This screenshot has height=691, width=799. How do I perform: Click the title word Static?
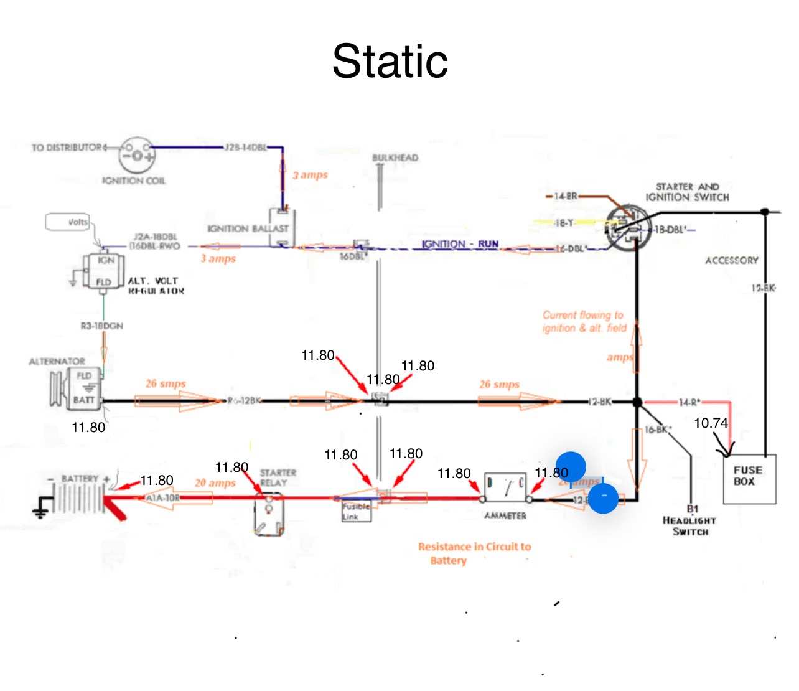pyautogui.click(x=390, y=61)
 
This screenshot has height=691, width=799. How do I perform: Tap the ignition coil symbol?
pyautogui.click(x=137, y=154)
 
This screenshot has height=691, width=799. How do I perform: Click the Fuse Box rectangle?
pyautogui.click(x=749, y=477)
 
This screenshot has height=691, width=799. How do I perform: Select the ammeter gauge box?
pyautogui.click(x=505, y=487)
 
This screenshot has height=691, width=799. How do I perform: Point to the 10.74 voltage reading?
pyautogui.click(x=711, y=423)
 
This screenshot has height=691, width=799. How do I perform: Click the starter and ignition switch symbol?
pyautogui.click(x=628, y=229)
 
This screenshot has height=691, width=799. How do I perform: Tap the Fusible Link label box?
pyautogui.click(x=356, y=512)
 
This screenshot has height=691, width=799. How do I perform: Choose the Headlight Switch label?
pyautogui.click(x=689, y=525)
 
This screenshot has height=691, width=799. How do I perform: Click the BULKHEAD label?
pyautogui.click(x=395, y=158)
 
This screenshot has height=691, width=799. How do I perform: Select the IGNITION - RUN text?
pyautogui.click(x=460, y=244)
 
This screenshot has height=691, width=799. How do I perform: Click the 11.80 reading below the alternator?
pyautogui.click(x=88, y=428)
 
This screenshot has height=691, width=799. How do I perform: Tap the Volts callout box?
pyautogui.click(x=68, y=222)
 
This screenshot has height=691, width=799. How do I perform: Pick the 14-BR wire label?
pyautogui.click(x=566, y=196)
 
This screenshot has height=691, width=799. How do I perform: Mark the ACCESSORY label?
pyautogui.click(x=732, y=260)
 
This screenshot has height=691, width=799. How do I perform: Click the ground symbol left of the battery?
pyautogui.click(x=41, y=507)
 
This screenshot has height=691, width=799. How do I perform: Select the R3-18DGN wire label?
pyautogui.click(x=102, y=326)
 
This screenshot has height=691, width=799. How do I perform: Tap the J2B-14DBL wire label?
pyautogui.click(x=246, y=148)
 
